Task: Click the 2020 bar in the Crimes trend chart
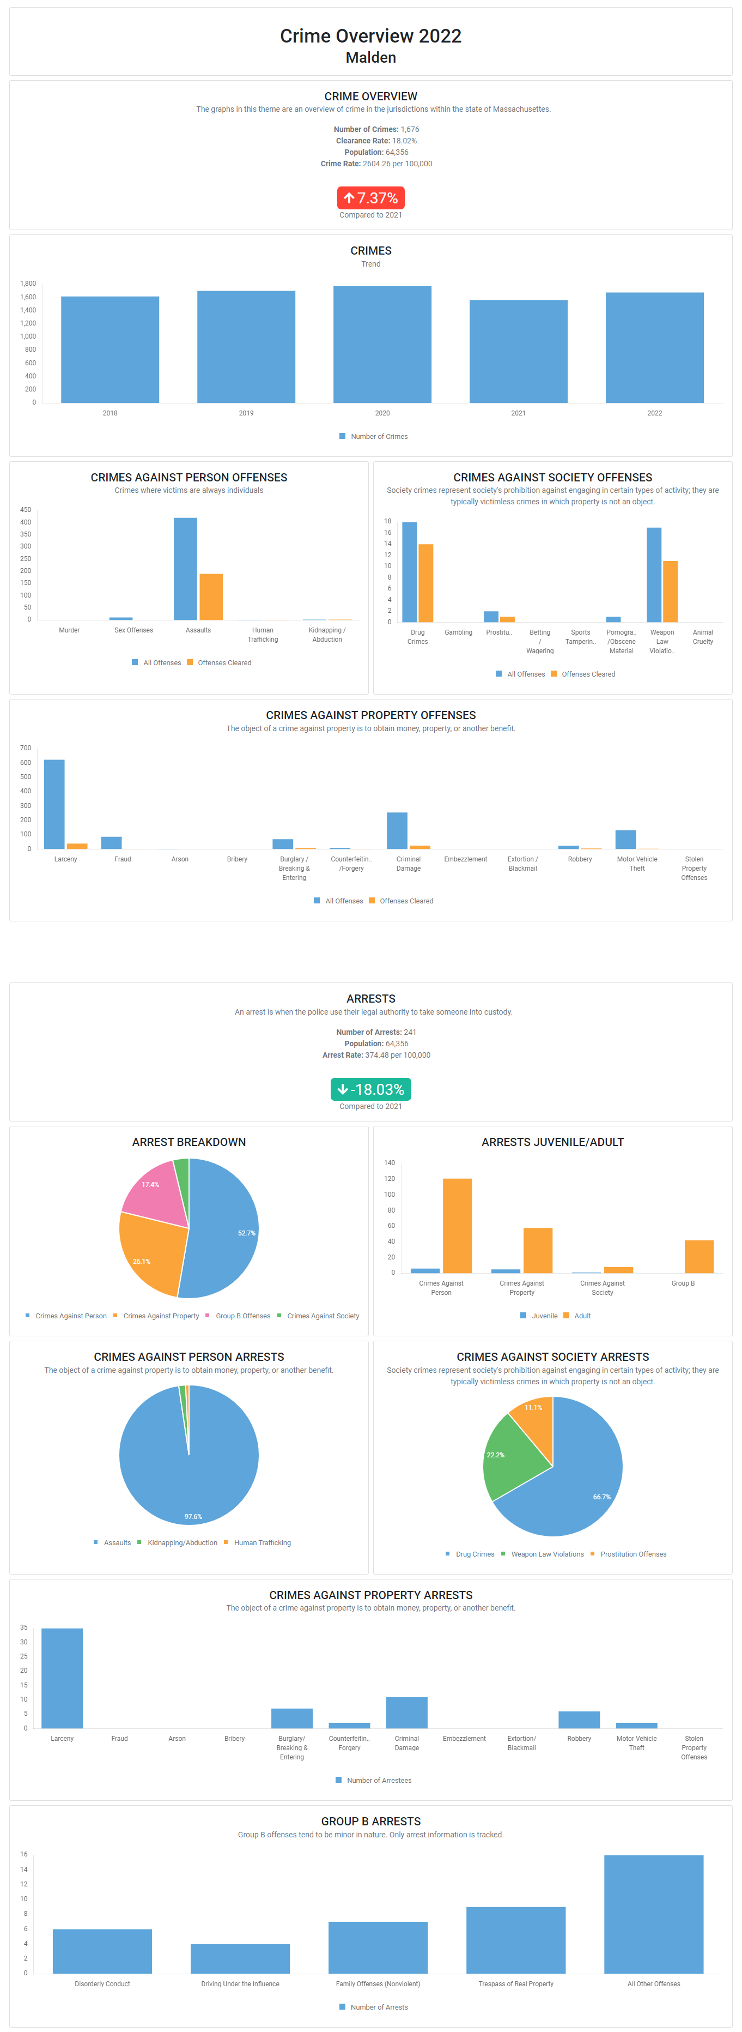point(382,345)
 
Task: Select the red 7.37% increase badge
point(370,198)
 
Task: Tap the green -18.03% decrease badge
point(370,1089)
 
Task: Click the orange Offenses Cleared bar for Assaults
point(210,596)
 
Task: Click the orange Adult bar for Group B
point(698,1257)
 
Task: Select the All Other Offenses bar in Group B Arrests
point(654,1914)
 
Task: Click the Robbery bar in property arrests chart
point(579,1720)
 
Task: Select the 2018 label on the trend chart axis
point(110,413)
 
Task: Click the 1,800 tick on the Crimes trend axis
point(28,283)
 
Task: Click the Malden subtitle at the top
point(370,58)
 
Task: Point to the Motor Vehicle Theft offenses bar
point(625,839)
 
